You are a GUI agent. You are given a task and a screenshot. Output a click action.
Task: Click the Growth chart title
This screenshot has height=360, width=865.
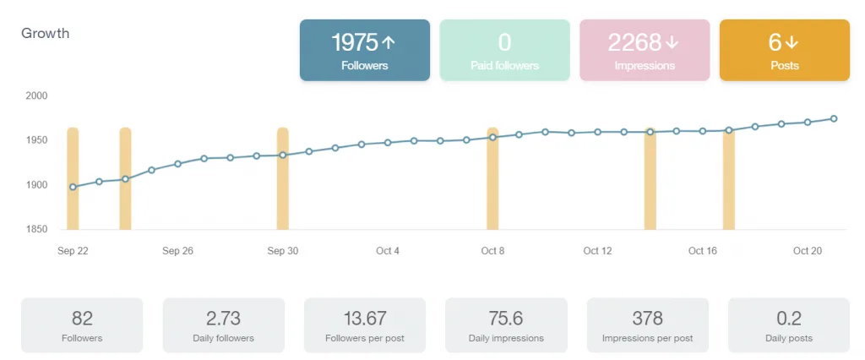(45, 34)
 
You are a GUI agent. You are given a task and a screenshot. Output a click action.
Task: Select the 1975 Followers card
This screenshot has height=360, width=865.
(364, 50)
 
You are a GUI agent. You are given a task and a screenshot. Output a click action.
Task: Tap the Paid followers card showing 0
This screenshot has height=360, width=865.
(504, 50)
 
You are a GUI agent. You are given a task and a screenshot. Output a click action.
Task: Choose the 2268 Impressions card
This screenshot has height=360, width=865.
(645, 50)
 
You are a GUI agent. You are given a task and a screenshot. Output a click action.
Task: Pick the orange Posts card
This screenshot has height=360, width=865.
(784, 50)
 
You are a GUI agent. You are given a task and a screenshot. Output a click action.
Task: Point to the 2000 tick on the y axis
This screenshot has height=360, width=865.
(36, 95)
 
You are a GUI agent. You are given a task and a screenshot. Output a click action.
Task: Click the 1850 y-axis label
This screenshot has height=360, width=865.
(36, 229)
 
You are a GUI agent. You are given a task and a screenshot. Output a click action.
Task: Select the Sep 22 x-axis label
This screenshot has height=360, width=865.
(73, 251)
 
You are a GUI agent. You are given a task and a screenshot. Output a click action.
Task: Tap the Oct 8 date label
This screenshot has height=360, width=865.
(492, 251)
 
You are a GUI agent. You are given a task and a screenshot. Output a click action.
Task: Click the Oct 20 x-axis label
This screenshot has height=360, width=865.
(808, 251)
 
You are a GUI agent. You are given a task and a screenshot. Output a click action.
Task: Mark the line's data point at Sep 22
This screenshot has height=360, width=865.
(73, 187)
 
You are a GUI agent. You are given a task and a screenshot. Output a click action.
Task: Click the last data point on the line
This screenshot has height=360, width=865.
(834, 118)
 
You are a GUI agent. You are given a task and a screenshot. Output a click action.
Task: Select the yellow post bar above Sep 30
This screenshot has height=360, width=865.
(283, 178)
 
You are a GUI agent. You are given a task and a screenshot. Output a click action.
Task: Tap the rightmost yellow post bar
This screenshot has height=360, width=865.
(728, 178)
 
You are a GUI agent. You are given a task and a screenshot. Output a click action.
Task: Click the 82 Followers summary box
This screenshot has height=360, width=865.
(82, 325)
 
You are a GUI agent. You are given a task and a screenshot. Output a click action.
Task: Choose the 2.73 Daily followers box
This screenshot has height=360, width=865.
(223, 325)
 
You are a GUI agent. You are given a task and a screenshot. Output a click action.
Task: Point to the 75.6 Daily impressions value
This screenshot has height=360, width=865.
(506, 319)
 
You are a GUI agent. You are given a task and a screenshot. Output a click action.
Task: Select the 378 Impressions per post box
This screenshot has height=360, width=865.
(647, 325)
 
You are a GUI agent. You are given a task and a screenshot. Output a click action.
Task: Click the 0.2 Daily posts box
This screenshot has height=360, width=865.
(788, 325)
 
